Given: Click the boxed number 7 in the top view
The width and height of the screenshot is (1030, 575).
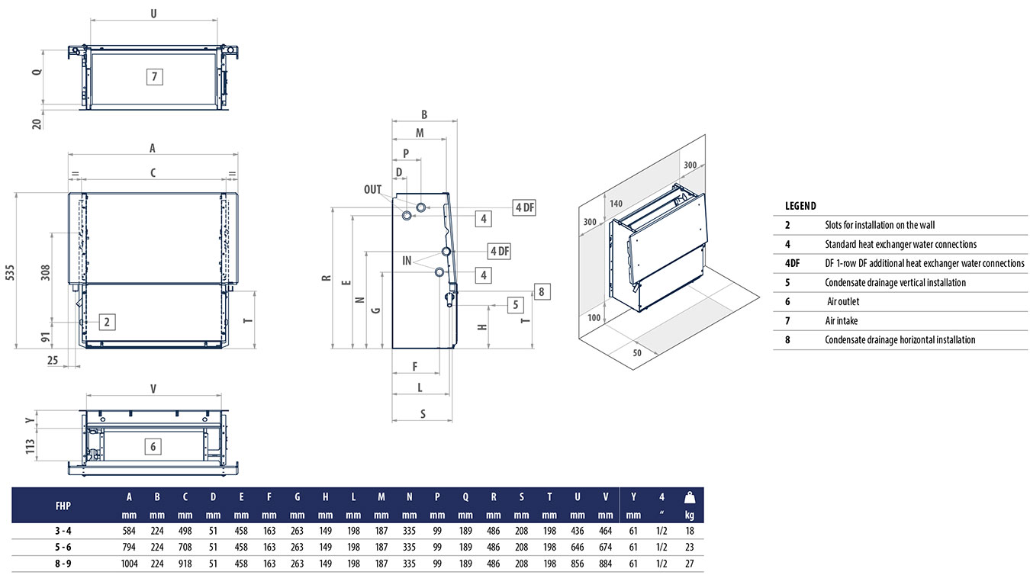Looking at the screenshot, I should tap(154, 76).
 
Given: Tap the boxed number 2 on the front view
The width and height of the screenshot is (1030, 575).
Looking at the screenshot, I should tap(108, 322).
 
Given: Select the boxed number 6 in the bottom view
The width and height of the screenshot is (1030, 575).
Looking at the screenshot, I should tap(153, 446).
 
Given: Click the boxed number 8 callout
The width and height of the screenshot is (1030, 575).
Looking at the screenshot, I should tap(540, 291).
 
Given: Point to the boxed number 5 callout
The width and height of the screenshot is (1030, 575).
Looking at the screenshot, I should tap(516, 305).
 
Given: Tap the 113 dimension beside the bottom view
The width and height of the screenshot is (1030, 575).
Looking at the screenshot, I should tap(31, 446).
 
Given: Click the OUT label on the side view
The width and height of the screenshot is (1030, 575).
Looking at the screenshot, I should tap(372, 190).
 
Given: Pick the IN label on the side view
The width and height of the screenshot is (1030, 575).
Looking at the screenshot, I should tap(407, 261).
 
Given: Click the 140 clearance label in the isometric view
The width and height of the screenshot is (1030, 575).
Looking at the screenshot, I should tap(616, 204).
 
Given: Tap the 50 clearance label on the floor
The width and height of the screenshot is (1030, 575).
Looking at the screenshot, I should tap(636, 353).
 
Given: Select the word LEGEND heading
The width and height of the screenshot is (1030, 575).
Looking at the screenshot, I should tap(800, 206).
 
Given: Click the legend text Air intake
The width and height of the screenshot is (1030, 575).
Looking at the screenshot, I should tap(842, 321).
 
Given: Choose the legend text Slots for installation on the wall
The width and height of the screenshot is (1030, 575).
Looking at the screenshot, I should tap(880, 225).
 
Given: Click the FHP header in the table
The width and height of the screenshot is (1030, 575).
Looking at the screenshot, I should tap(64, 505).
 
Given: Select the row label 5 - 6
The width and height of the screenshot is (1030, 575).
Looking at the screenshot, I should tap(64, 547).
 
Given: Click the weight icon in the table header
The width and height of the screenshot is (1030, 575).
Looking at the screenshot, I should tap(689, 497).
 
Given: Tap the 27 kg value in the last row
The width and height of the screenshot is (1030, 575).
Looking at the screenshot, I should tap(689, 564).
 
